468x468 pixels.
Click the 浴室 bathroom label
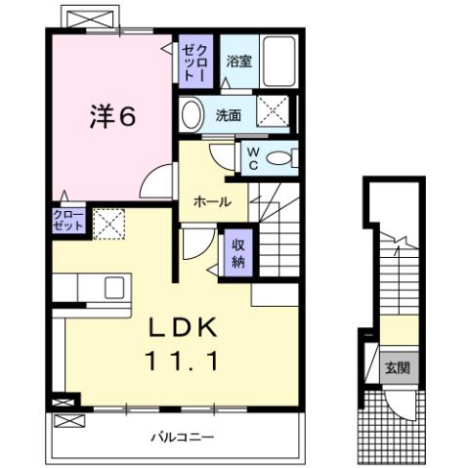(238, 61)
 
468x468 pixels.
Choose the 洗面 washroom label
(230, 113)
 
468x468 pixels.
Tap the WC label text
(251, 157)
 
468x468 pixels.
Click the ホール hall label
(212, 202)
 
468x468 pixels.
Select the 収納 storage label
(237, 253)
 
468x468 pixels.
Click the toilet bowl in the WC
(281, 157)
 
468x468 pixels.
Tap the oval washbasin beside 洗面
(191, 112)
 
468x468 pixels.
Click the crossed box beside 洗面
(275, 111)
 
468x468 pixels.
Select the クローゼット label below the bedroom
(68, 220)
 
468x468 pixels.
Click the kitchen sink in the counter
(113, 289)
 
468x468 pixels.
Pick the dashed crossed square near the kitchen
(106, 223)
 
